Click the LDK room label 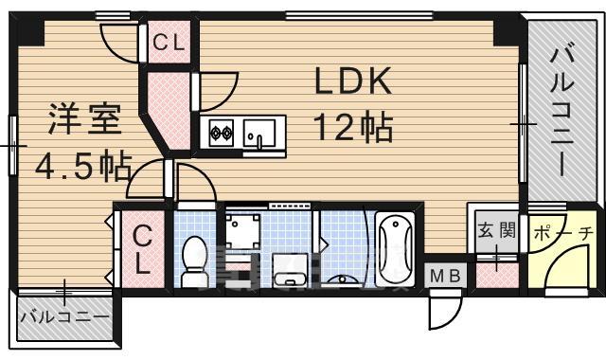tap(352, 84)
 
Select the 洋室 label tap(84, 122)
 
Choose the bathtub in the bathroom tap(394, 248)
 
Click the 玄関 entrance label tap(495, 229)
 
